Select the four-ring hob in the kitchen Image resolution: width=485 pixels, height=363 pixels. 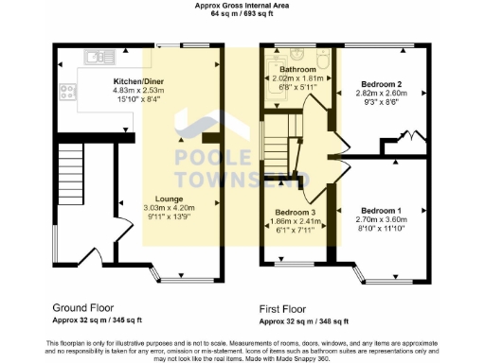click(68, 92)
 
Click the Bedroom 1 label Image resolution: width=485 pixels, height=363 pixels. click(381, 210)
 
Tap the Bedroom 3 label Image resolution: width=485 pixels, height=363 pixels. click(296, 213)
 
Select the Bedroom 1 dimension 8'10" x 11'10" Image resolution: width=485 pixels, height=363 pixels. click(382, 228)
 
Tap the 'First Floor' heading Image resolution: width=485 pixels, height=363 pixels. click(287, 308)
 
